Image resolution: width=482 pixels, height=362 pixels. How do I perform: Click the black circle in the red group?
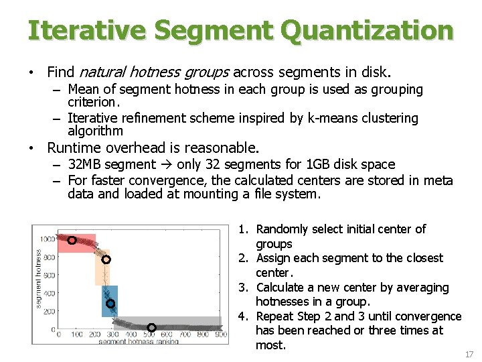[72, 240]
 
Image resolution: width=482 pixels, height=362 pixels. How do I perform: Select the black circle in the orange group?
[106, 259]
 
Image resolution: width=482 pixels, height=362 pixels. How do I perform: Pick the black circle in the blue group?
[110, 304]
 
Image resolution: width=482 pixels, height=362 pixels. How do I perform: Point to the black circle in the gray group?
[151, 327]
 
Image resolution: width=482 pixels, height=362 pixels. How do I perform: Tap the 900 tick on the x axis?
[221, 335]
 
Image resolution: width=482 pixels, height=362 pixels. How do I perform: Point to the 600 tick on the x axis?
[167, 335]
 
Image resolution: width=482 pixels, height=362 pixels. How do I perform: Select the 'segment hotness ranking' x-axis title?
[139, 342]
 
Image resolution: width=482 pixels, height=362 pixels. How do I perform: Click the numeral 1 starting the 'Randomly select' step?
[242, 229]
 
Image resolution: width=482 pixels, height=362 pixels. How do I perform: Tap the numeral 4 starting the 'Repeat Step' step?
[242, 316]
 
